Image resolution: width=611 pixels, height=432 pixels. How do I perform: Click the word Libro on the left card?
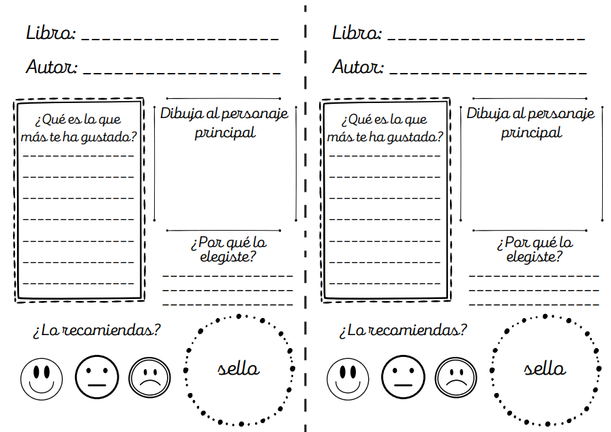pyautogui.click(x=50, y=33)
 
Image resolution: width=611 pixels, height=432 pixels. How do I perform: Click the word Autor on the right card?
pyautogui.click(x=358, y=67)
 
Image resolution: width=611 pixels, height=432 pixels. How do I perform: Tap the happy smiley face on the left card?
pyautogui.click(x=42, y=379)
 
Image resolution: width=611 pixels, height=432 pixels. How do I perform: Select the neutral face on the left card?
pyautogui.click(x=97, y=377)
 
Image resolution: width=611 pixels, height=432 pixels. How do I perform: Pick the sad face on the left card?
pyautogui.click(x=149, y=377)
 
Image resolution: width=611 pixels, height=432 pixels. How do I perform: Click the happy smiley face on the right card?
pyautogui.click(x=348, y=379)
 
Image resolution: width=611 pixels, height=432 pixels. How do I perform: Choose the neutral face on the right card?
pyautogui.click(x=403, y=377)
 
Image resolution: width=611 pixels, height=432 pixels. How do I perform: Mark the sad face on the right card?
pyautogui.click(x=456, y=377)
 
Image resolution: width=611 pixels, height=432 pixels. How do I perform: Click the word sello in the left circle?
pyautogui.click(x=239, y=368)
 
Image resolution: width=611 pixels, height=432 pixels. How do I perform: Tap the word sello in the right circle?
pyautogui.click(x=545, y=368)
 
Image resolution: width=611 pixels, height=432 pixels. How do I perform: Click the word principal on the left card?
pyautogui.click(x=225, y=132)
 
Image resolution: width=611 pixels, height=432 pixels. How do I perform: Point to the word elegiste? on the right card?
pyautogui.click(x=534, y=257)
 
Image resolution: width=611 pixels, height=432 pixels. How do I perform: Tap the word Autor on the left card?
pyautogui.click(x=52, y=67)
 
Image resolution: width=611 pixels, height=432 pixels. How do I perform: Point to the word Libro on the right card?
pyautogui.click(x=357, y=33)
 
